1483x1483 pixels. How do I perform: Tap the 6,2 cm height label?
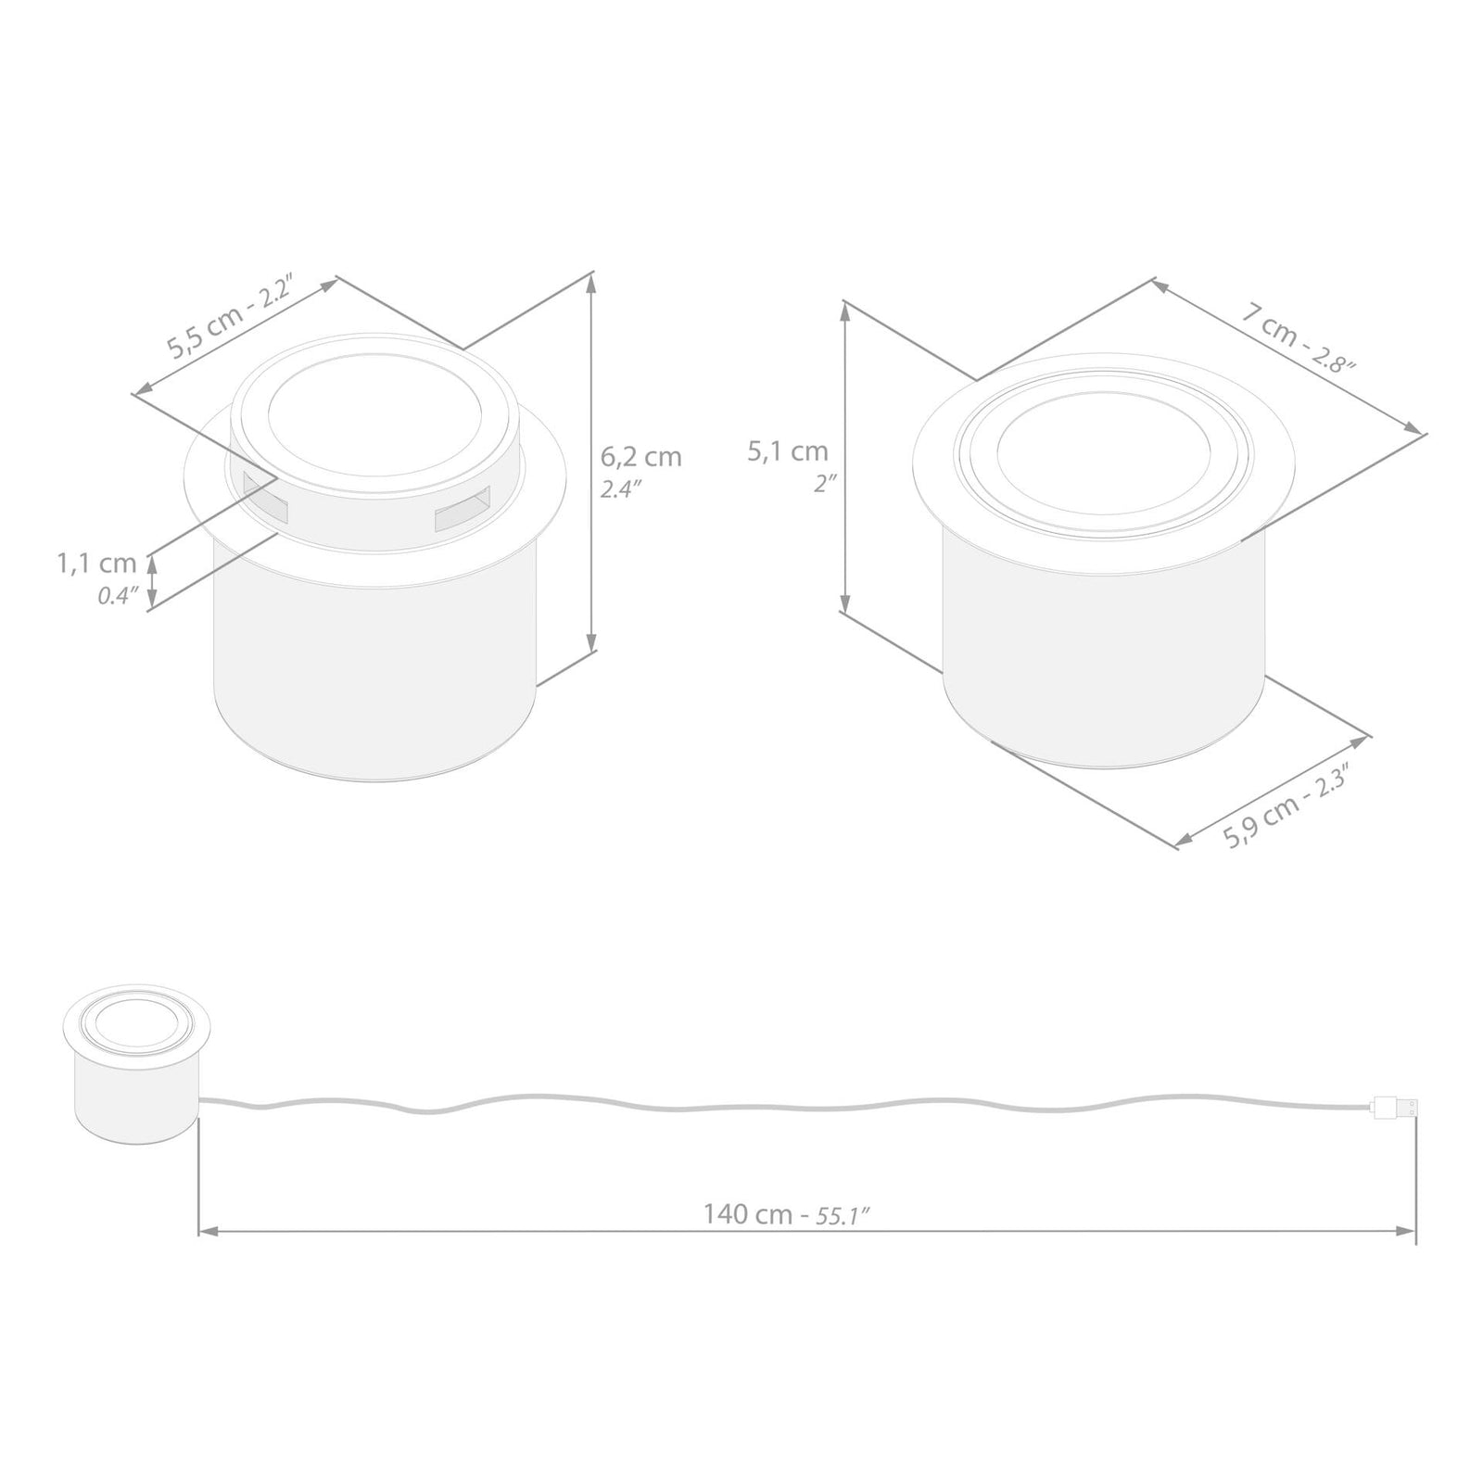640,457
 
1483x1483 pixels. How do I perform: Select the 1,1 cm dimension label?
96,564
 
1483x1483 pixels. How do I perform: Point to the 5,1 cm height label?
788,451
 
